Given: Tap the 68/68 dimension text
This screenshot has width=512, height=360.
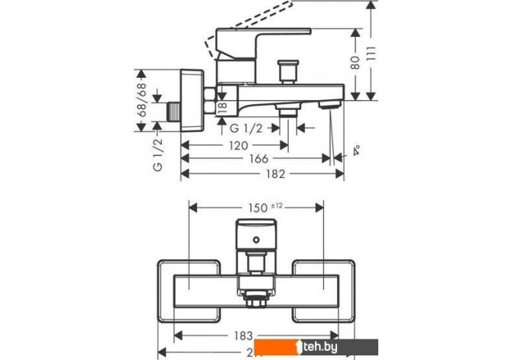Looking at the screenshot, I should (x=140, y=102).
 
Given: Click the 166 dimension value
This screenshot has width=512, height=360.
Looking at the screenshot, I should (x=258, y=159).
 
